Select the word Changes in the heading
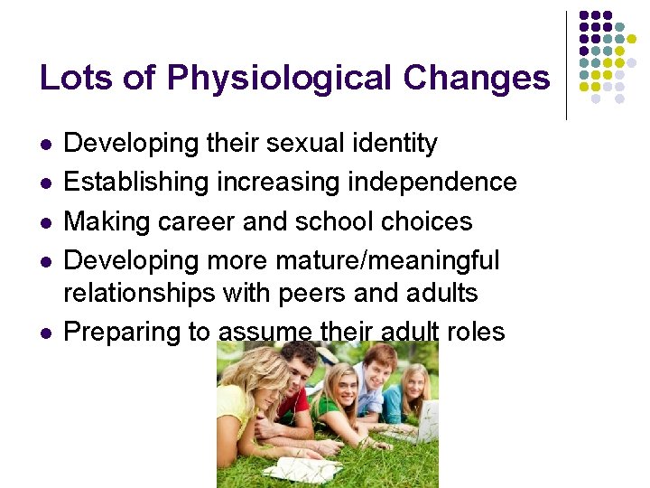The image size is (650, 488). (477, 78)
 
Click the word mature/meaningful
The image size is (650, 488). (402, 260)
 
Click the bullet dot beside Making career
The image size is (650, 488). (45, 222)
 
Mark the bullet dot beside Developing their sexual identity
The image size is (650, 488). (45, 144)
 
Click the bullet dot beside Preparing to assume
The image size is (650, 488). (45, 333)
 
